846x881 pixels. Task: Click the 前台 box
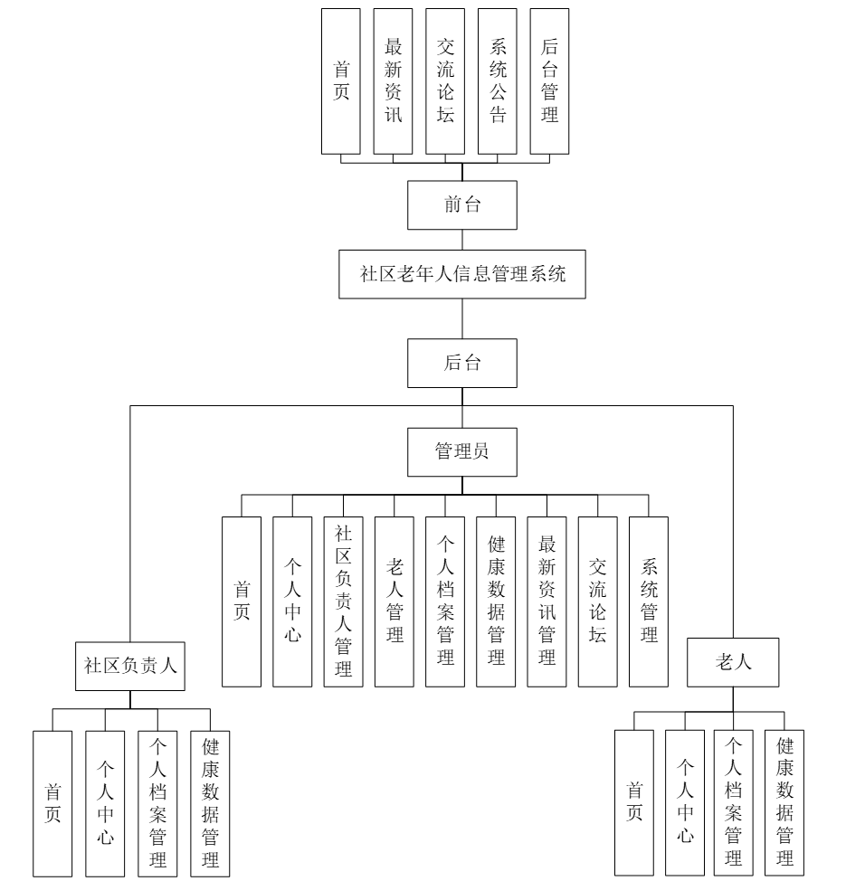coord(462,204)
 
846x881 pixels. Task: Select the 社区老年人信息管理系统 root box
coord(462,274)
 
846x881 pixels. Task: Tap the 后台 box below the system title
coord(462,363)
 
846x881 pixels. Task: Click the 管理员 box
coord(462,450)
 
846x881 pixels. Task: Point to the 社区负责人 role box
coord(129,665)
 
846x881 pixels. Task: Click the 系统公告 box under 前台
coord(497,81)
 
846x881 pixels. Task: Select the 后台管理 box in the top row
coord(548,81)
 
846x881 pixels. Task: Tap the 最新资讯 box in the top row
coord(393,81)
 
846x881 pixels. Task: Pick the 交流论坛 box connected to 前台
coord(444,81)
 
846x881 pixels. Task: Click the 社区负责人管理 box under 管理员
coord(343,601)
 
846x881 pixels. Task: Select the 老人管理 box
coord(394,601)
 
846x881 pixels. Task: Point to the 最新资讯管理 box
coord(547,601)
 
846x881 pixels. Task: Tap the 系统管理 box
coord(649,601)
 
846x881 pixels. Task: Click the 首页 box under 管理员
coord(242,601)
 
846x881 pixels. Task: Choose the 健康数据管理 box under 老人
coord(784,802)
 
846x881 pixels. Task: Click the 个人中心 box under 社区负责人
coord(105,802)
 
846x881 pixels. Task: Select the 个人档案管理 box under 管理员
coord(445,601)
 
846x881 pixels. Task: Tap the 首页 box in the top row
coord(341,81)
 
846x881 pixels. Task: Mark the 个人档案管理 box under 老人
coord(733,802)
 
